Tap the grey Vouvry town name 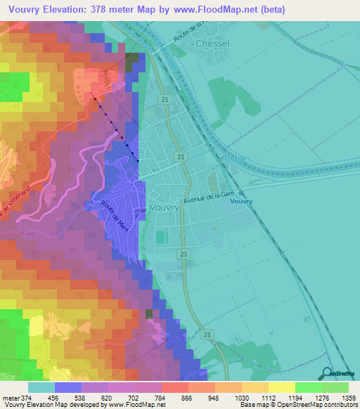coord(164,209)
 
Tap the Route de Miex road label coord(112,210)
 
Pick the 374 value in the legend coord(21,398)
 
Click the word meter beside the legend coord(8,398)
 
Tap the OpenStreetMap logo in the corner coord(339,374)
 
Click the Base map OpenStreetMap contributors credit coord(298,405)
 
